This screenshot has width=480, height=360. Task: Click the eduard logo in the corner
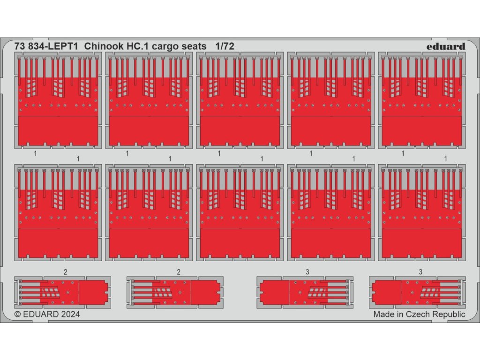[x=446, y=46]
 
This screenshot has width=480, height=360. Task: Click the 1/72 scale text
[x=225, y=46]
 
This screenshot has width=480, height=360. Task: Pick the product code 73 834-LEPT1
[x=46, y=46]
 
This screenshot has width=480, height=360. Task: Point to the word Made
[x=384, y=314]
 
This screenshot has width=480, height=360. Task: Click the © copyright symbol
[x=18, y=314]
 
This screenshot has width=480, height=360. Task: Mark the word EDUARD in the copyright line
[x=40, y=314]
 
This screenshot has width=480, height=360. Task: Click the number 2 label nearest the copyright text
[x=65, y=272]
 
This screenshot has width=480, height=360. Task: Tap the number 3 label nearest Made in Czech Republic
[x=420, y=272]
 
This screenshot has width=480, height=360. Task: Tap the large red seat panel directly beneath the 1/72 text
[x=239, y=110]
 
